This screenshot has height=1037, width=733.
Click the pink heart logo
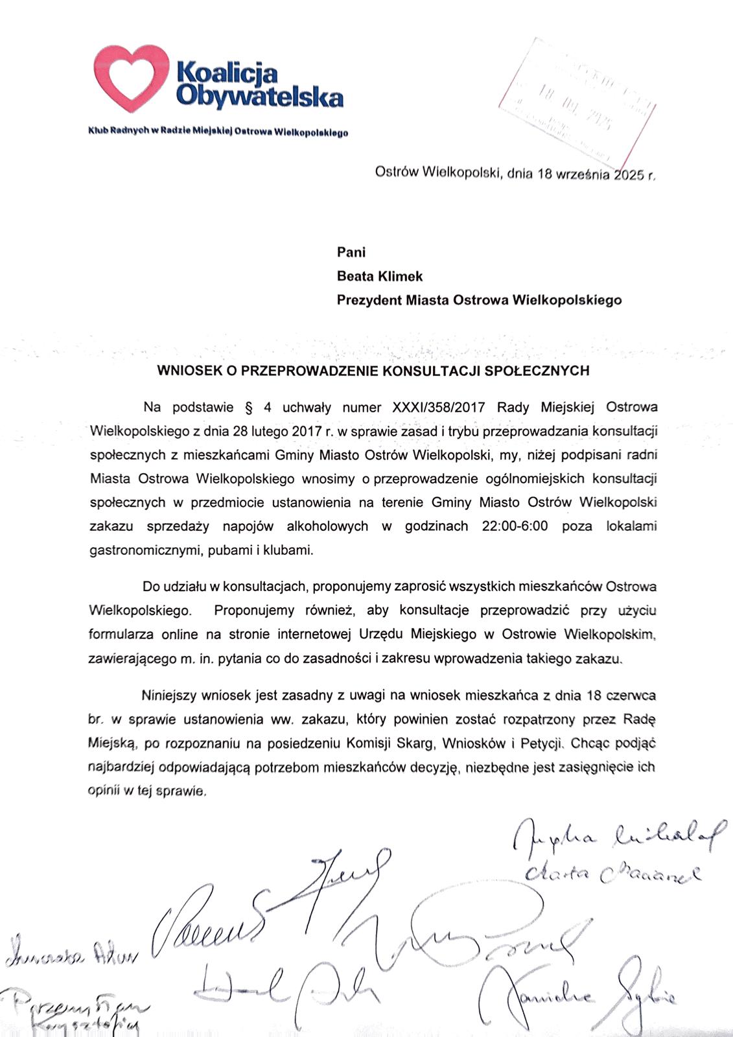pyautogui.click(x=132, y=78)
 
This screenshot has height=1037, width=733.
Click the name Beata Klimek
pyautogui.click(x=379, y=276)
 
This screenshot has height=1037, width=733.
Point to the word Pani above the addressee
pyautogui.click(x=351, y=252)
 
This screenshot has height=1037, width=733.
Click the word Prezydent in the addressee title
pyautogui.click(x=368, y=300)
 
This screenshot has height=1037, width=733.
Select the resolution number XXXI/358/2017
pyautogui.click(x=439, y=408)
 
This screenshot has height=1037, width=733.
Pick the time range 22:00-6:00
pyautogui.click(x=515, y=526)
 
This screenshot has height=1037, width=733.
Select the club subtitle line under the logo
pyautogui.click(x=218, y=133)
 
